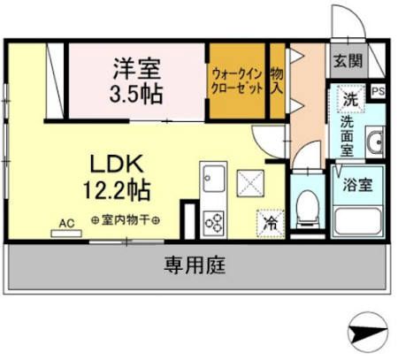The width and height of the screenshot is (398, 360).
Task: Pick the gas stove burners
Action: tap(214, 222)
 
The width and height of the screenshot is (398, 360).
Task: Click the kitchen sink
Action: tap(213, 178)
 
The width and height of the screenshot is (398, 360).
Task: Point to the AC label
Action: tap(65, 224)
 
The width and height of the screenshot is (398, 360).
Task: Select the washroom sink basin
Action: tap(374, 141)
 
